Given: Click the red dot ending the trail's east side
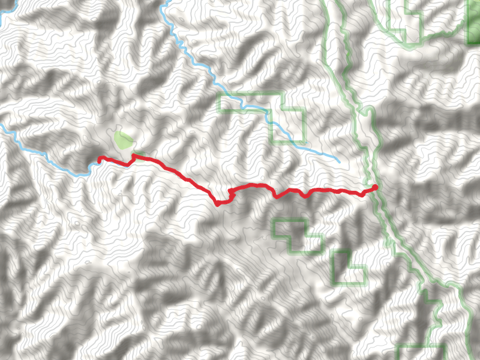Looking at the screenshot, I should tap(376, 187).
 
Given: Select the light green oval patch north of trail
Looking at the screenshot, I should tap(124, 141).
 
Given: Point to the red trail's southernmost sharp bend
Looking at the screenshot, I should tap(217, 204).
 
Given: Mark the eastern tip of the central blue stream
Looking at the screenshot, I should tap(339, 162).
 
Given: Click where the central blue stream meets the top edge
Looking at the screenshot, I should tap(163, 2).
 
